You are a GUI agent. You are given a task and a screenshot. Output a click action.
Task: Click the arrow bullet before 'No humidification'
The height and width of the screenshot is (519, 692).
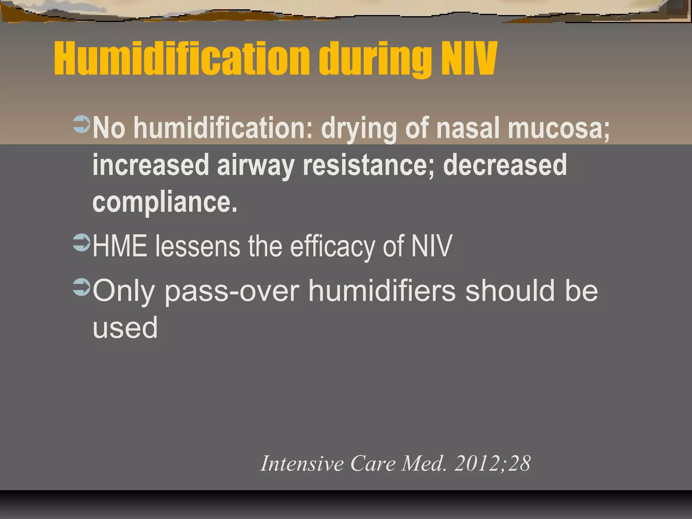coord(81,124)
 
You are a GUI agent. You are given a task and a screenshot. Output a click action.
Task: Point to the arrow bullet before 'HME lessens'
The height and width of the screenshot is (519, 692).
coord(81,243)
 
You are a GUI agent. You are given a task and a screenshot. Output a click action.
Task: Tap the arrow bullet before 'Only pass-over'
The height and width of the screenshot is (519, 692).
coord(81,287)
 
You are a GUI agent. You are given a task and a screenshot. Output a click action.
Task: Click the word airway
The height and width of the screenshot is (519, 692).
coord(255,166)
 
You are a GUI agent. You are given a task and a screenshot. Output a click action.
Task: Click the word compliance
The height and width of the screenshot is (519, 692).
coord(165,203)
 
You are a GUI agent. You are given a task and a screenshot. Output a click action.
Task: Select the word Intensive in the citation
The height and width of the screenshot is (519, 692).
coord(302,463)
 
